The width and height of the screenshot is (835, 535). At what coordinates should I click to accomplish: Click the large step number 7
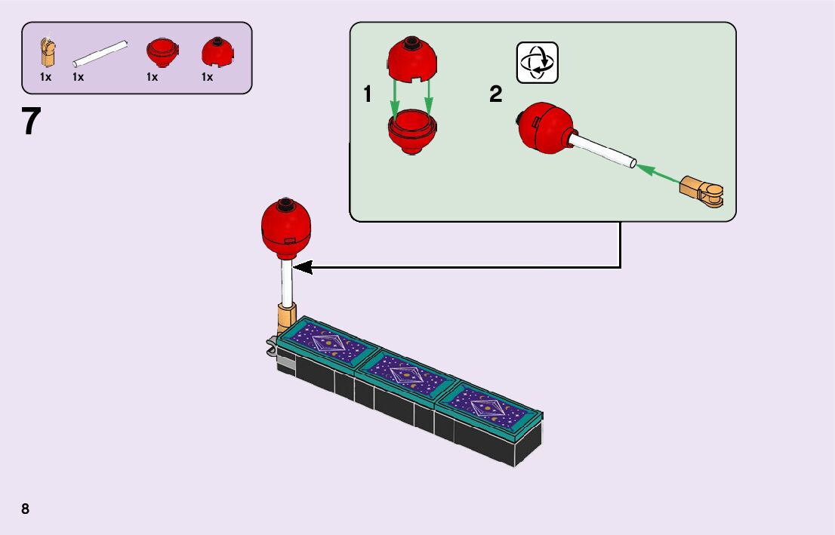coord(31,121)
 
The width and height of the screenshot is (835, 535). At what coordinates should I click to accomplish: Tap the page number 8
coord(26,509)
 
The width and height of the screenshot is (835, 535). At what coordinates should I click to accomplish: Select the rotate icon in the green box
coord(537,62)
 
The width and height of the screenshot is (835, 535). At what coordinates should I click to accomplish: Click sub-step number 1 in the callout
coord(368,95)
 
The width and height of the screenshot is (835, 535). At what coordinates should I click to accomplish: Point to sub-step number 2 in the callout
coord(495,95)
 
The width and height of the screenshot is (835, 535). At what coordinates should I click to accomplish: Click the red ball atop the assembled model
coord(286,228)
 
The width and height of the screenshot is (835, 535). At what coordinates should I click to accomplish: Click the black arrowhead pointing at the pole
coord(301,266)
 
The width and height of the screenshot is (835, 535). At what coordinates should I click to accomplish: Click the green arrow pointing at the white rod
coord(658,173)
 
